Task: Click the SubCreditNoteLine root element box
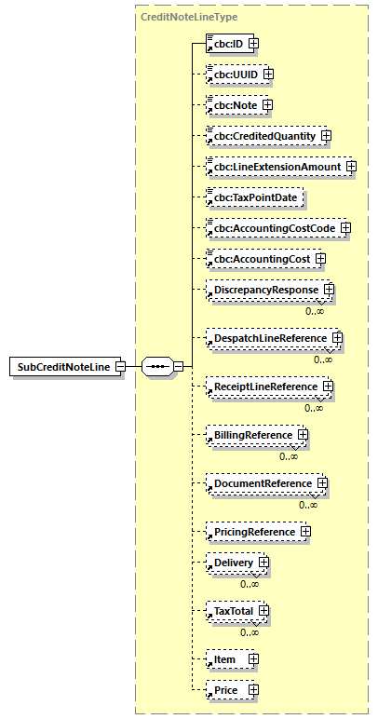(x=62, y=366)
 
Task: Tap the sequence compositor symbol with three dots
(x=158, y=366)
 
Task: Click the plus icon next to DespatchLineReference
(x=338, y=338)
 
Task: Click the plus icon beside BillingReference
(x=304, y=435)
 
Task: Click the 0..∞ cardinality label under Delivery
(x=250, y=584)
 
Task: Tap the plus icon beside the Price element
(x=252, y=690)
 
